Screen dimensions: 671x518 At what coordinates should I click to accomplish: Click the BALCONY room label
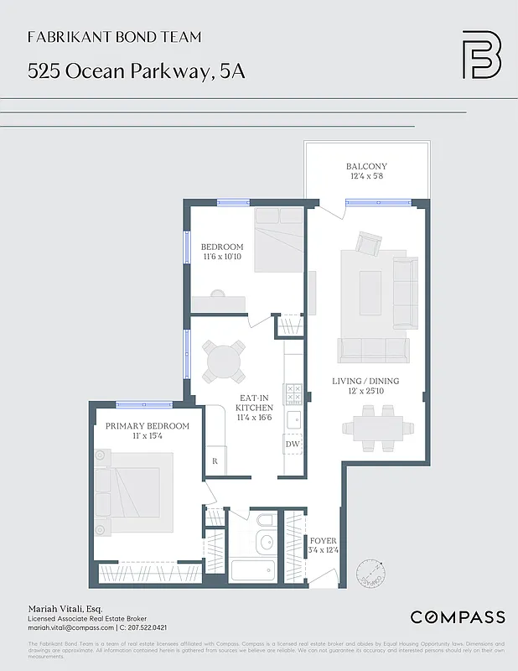tap(367, 171)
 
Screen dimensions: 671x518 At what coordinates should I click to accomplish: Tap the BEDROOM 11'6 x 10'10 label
tap(222, 252)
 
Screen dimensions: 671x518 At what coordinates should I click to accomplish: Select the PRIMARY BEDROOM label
tap(147, 431)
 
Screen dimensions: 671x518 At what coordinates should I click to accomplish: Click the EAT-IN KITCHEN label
tap(254, 407)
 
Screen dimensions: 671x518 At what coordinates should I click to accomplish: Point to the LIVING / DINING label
tap(365, 386)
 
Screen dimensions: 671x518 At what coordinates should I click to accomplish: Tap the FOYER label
tap(323, 545)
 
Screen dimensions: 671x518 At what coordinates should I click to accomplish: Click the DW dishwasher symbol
tap(293, 444)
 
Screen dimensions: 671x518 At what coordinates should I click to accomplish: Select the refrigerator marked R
tap(215, 461)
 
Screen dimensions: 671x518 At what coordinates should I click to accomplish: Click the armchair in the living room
tap(368, 244)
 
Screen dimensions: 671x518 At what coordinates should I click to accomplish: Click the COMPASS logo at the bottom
tap(457, 617)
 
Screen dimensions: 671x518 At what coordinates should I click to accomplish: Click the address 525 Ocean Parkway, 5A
tap(136, 71)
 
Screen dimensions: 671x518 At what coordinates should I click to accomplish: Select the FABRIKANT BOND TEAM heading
tap(114, 38)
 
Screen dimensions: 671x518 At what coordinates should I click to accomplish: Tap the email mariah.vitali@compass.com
tap(70, 627)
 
